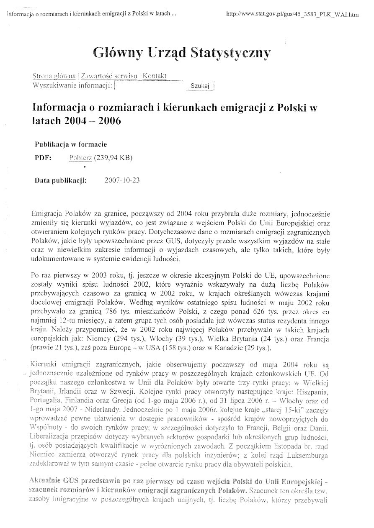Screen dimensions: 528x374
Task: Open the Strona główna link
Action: point(54,76)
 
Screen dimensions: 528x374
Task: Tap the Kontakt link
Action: point(155,76)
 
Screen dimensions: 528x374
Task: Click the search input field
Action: point(149,86)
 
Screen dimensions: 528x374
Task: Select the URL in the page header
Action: point(292,14)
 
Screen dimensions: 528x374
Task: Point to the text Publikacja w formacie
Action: point(70,144)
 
